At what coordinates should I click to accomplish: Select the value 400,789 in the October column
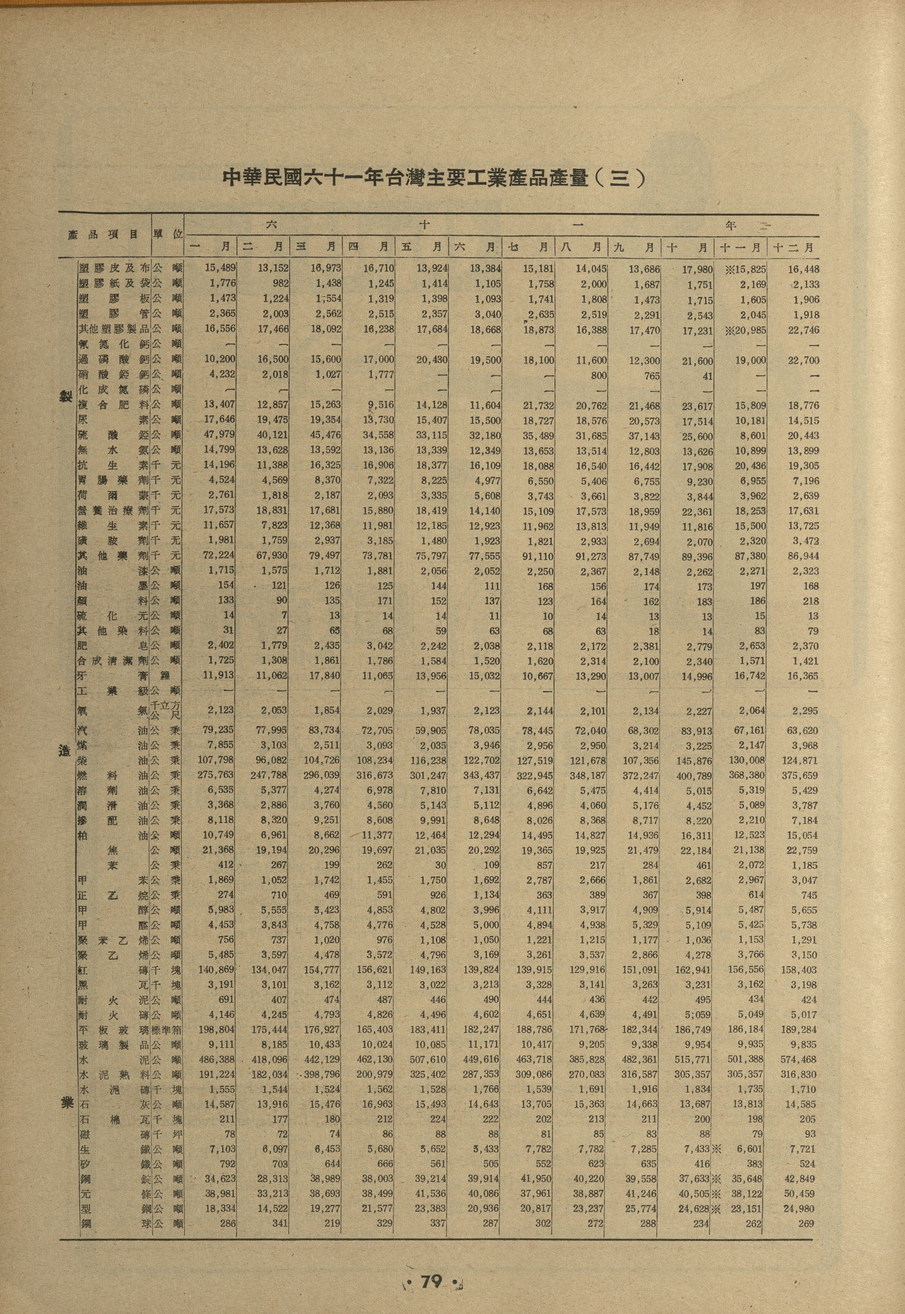[692, 775]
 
